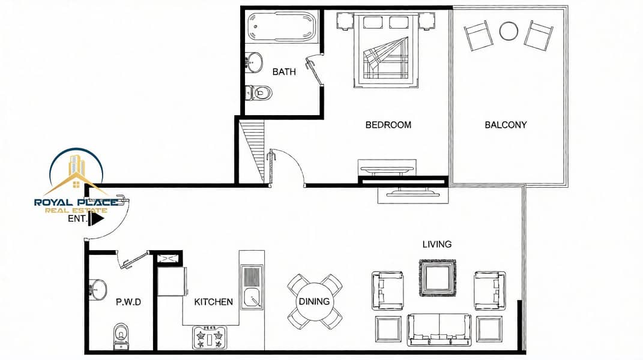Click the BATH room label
tap(284, 72)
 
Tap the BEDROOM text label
tap(388, 125)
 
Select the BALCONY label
tap(506, 125)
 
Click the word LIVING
tap(436, 244)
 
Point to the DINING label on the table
tap(314, 301)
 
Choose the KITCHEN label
tap(213, 302)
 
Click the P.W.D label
tap(128, 302)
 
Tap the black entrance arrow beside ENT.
tap(97, 219)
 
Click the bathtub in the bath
tap(282, 26)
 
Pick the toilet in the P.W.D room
tap(121, 336)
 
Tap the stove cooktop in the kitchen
tap(210, 337)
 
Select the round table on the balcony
tap(509, 31)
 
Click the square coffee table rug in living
tap(438, 278)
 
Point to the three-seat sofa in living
tap(439, 329)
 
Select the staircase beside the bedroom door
tap(252, 150)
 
